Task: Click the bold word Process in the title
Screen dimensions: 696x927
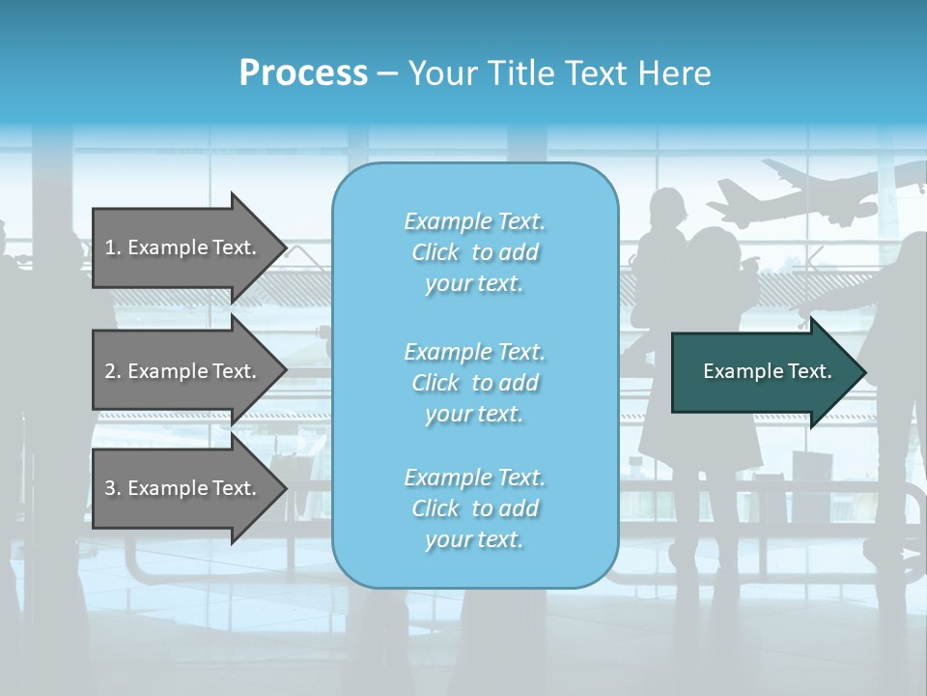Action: pos(303,73)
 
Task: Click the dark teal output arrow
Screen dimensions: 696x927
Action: pos(763,371)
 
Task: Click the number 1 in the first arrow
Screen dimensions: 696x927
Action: pos(110,247)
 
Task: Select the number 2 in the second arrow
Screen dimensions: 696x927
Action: pos(110,371)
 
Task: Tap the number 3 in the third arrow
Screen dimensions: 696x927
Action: pos(110,488)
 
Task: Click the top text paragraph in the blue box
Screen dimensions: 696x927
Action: pos(474,252)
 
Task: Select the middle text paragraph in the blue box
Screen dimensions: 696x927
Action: pos(474,383)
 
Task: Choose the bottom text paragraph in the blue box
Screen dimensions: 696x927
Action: pos(474,508)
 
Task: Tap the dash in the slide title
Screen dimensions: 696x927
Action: pos(387,73)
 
